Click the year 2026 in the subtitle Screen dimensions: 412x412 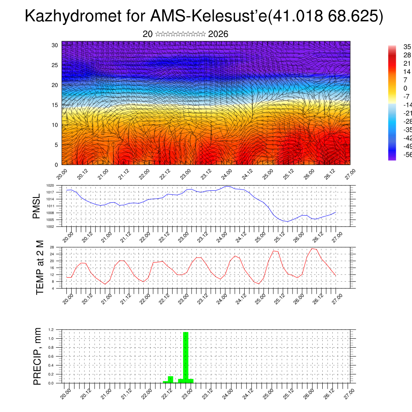(x=218, y=34)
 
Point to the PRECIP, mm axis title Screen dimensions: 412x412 (x=37, y=356)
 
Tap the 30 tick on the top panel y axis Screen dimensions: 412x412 (x=55, y=45)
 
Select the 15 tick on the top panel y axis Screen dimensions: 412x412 (x=55, y=105)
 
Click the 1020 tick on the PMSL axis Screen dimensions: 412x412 (x=50, y=185)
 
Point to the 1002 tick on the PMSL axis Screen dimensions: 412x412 (x=50, y=227)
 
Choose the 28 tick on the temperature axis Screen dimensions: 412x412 (x=52, y=247)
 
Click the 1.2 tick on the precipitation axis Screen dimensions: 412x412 (x=51, y=330)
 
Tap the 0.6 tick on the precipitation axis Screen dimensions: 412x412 (x=51, y=356)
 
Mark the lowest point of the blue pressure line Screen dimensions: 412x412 (x=287, y=222)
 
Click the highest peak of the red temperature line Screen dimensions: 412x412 (x=312, y=248)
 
